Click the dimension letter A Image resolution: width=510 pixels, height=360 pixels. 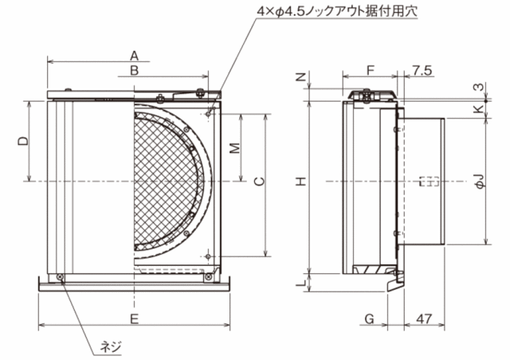[x=134, y=56]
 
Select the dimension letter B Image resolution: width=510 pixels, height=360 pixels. [x=134, y=70]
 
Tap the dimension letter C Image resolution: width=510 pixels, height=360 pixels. [x=259, y=181]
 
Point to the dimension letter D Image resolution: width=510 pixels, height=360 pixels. [x=23, y=141]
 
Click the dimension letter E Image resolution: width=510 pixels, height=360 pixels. [x=134, y=319]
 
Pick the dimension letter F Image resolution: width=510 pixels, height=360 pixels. [x=371, y=70]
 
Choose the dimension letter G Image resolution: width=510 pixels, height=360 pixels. [x=369, y=319]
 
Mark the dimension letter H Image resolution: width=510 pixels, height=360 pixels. [x=301, y=181]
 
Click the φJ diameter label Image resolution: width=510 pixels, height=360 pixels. [x=481, y=181]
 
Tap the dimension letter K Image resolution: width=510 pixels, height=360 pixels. [x=480, y=108]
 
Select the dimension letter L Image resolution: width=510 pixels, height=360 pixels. [x=301, y=283]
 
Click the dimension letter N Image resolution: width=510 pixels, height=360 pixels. [x=301, y=76]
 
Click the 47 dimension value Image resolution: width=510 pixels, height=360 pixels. [x=424, y=319]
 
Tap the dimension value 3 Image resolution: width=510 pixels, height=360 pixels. [x=480, y=87]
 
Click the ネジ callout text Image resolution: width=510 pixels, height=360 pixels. [x=110, y=346]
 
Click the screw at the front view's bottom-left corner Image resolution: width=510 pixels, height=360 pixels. [x=61, y=277]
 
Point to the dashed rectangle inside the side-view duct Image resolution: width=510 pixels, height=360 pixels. [x=430, y=182]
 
